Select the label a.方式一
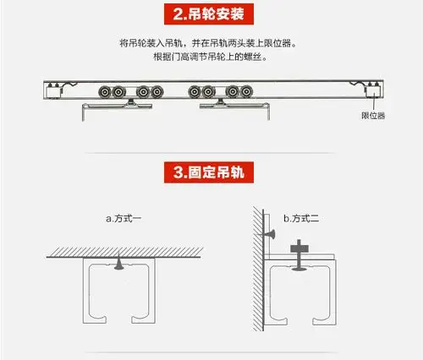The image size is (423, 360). click(124, 218)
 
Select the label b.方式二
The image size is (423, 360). click(300, 218)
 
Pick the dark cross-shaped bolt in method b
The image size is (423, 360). click(299, 250)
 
